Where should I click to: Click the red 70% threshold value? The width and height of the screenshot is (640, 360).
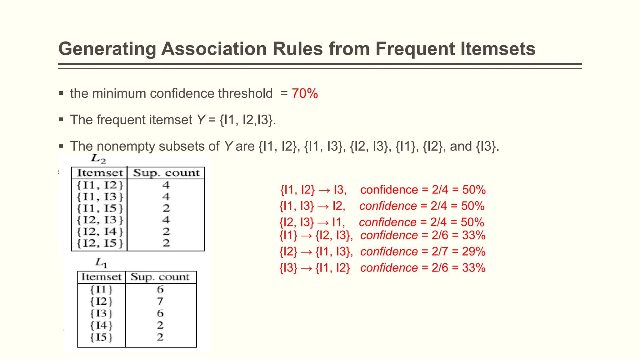click(x=305, y=93)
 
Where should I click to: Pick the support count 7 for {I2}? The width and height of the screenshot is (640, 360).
click(x=160, y=301)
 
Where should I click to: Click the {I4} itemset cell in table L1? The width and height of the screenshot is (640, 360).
click(x=102, y=325)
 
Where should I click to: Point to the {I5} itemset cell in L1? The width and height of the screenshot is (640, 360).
click(x=102, y=337)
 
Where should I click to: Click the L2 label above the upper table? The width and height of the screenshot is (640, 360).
click(x=98, y=159)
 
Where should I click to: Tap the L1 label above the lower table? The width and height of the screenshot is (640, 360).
click(x=101, y=262)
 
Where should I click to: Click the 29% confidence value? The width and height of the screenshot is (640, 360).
click(x=474, y=252)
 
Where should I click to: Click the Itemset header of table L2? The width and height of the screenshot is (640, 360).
click(x=100, y=173)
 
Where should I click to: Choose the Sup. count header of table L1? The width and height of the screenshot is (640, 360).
click(x=160, y=277)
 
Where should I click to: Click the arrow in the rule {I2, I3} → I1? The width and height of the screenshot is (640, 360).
click(x=323, y=222)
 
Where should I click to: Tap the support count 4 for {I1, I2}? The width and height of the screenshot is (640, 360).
click(x=166, y=185)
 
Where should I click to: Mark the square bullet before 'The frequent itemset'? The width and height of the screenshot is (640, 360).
click(x=61, y=120)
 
